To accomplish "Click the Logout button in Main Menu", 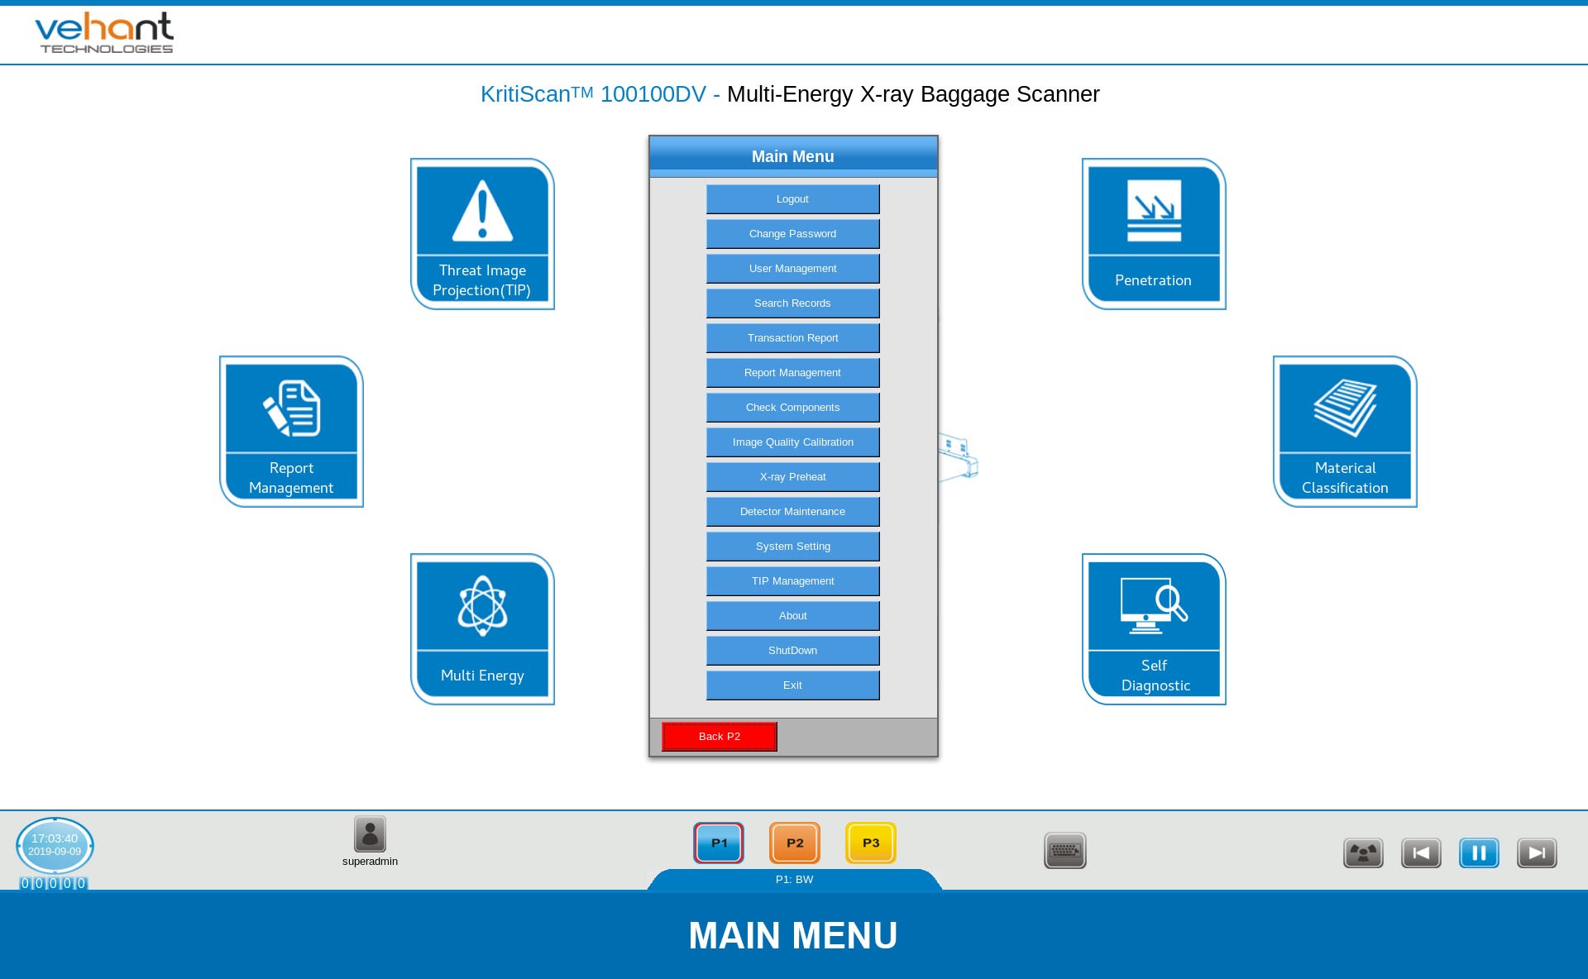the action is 792,199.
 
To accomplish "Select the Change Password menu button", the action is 792,234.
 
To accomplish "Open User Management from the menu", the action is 792,269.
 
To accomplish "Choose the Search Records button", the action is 792,303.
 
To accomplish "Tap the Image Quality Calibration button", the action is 792,442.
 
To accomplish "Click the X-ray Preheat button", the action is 792,477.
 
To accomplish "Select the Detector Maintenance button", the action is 792,512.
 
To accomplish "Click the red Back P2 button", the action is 720,737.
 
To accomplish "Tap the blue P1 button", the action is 719,843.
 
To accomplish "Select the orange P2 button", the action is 795,843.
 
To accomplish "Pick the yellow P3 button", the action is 871,843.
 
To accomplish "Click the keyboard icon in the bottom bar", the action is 1065,851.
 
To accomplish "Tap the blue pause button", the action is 1479,852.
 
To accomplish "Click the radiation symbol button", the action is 1363,852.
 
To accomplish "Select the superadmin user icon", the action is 370,834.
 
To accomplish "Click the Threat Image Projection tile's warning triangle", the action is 483,212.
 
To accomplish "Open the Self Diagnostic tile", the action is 1154,629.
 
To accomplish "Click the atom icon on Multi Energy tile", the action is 483,606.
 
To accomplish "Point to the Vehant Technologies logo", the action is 105,33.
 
